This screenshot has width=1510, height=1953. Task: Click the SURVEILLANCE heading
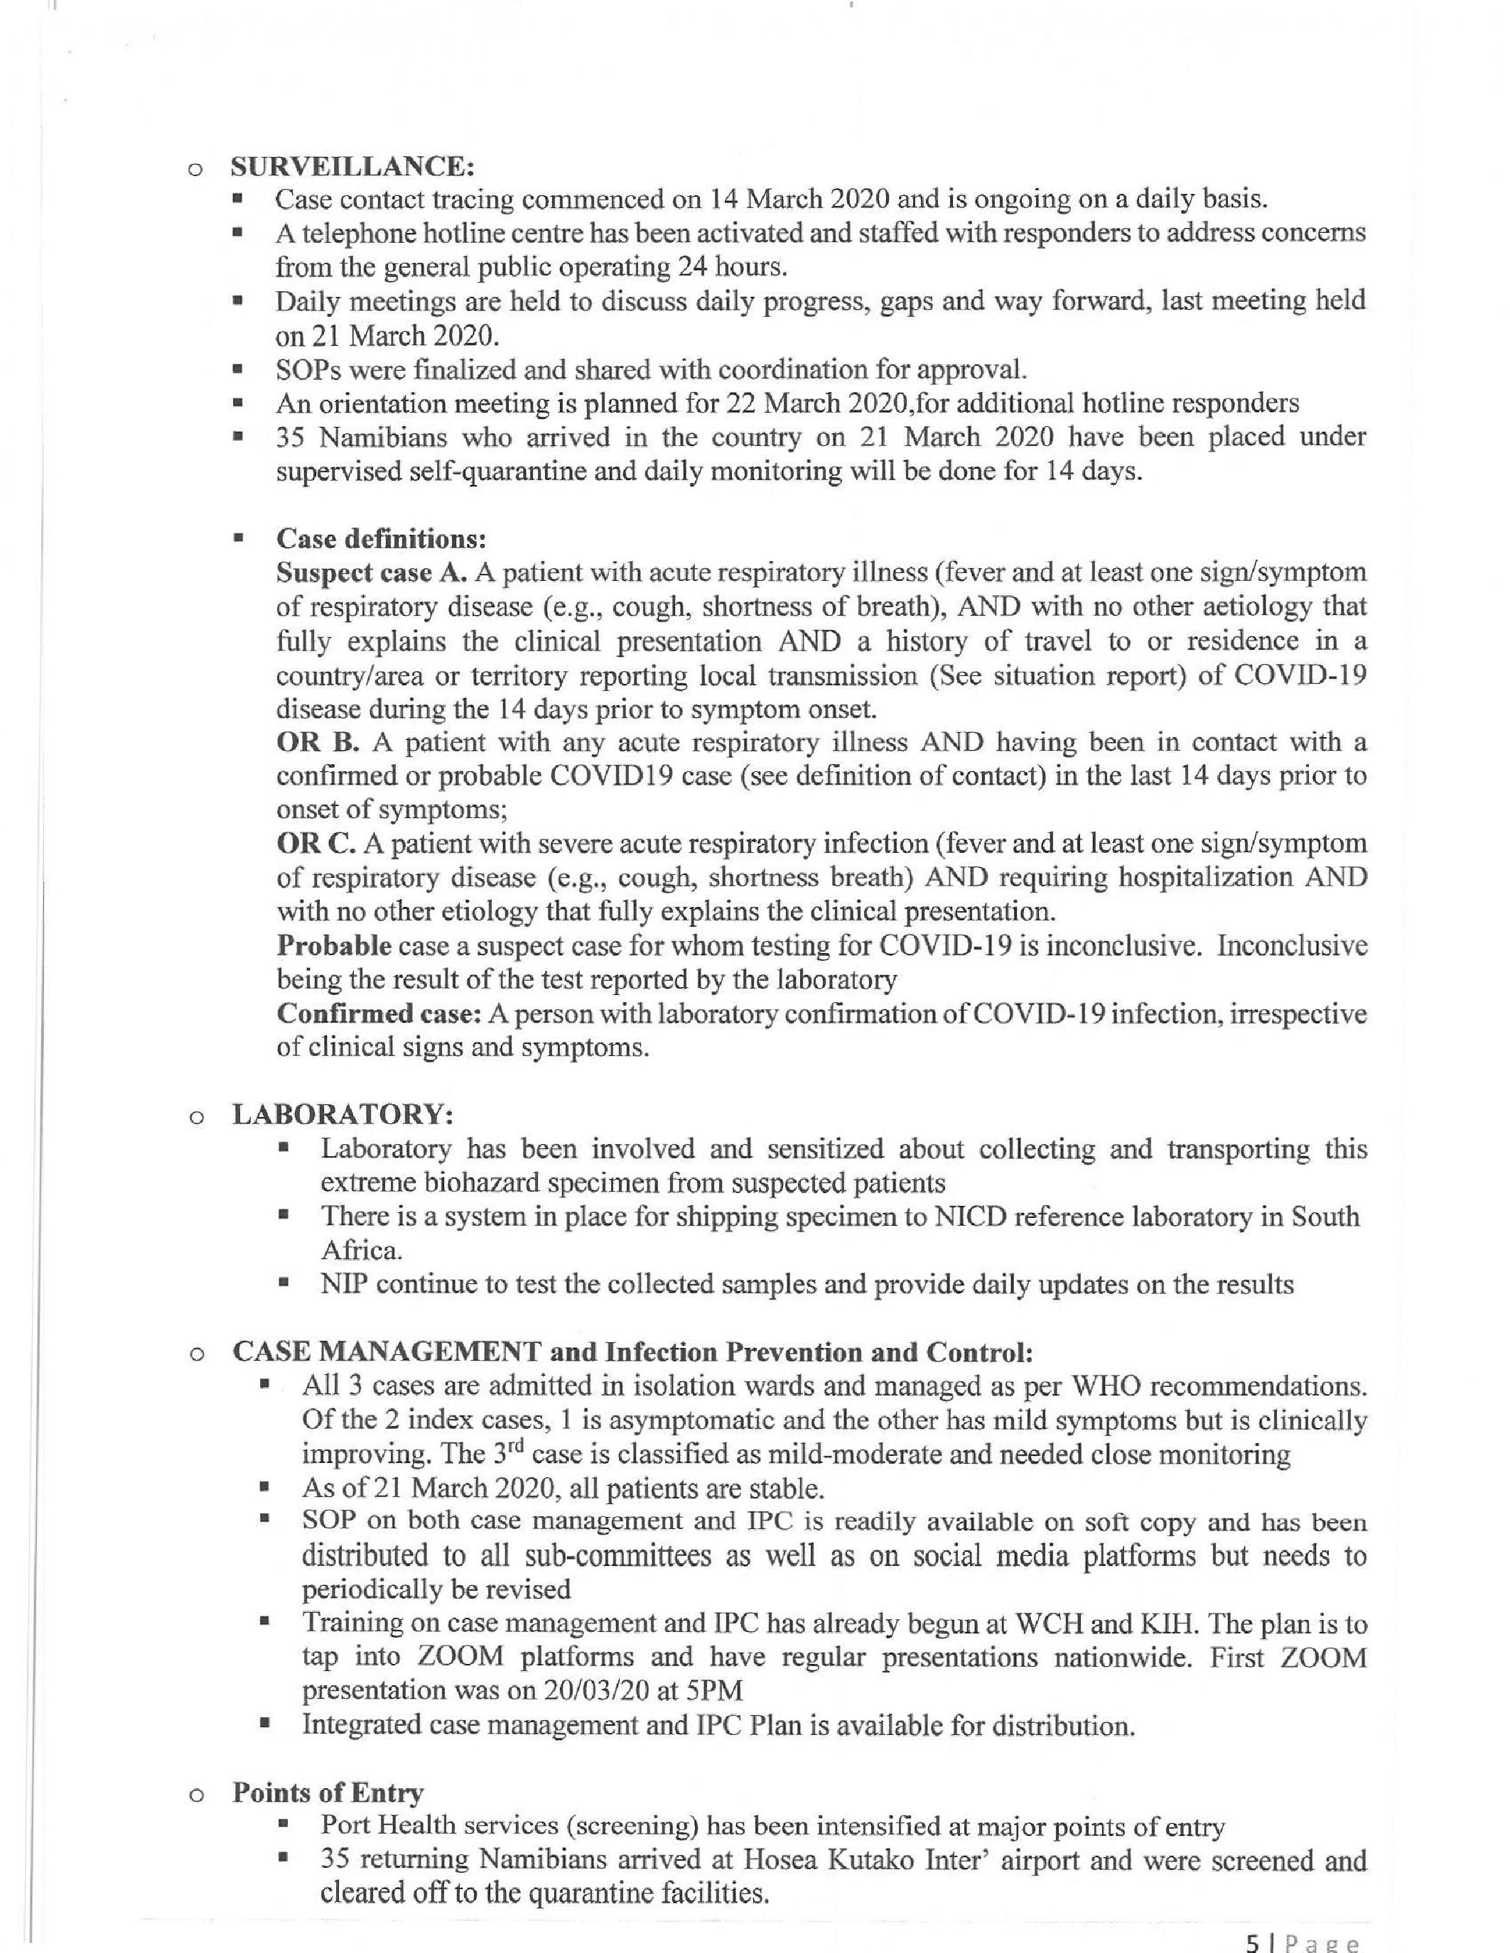point(352,166)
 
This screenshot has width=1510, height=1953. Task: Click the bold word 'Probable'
point(334,945)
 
